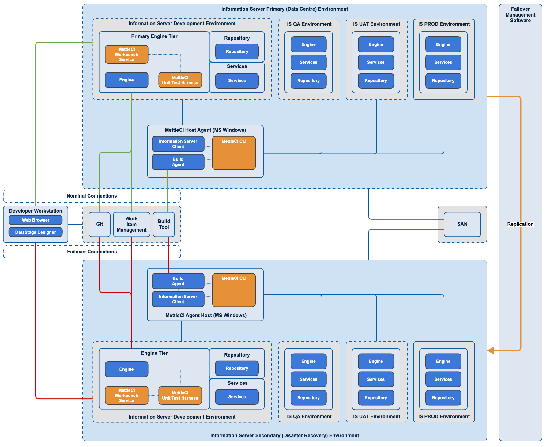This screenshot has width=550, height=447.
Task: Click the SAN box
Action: point(462,224)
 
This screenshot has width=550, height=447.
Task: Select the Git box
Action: point(100,224)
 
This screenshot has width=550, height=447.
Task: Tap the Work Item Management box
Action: point(131,224)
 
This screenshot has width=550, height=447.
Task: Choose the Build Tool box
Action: point(164,224)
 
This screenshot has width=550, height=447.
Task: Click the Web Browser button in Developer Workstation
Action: point(36,220)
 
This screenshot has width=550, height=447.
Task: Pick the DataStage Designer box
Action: point(36,232)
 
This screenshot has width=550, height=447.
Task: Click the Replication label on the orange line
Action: point(520,224)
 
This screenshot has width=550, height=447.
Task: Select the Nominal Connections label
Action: point(92,196)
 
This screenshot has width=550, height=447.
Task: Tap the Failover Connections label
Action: point(92,252)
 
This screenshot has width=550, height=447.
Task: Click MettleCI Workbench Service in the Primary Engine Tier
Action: point(126,55)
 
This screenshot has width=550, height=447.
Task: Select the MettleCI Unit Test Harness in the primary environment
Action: point(180,80)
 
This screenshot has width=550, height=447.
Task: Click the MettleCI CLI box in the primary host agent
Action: point(234,153)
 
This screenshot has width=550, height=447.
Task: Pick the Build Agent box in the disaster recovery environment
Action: point(178,281)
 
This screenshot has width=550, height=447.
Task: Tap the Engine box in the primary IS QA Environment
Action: point(308,44)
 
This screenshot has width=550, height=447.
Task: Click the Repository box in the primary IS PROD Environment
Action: point(443,81)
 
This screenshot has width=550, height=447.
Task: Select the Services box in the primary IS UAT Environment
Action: point(376,62)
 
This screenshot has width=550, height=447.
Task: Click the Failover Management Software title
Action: point(520,15)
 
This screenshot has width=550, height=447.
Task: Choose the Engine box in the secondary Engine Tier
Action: point(126,369)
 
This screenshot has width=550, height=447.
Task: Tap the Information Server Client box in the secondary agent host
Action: point(178,299)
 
